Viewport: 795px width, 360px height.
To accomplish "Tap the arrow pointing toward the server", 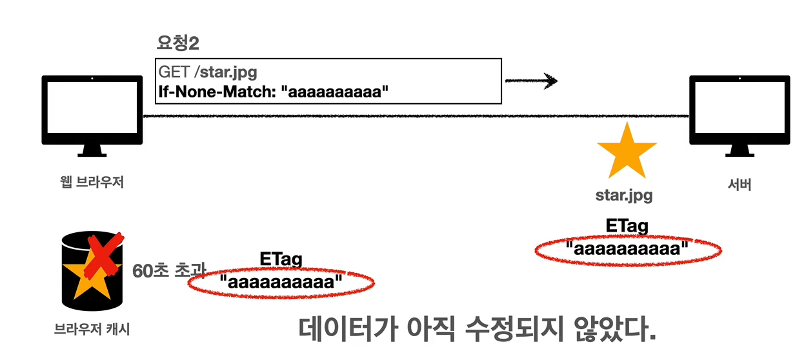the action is click(530, 81).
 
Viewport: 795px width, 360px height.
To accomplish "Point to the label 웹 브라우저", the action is click(91, 183).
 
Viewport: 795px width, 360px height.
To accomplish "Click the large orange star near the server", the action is click(627, 152).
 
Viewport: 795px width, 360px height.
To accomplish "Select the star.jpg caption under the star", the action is click(623, 195).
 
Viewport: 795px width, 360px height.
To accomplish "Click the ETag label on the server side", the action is click(627, 226).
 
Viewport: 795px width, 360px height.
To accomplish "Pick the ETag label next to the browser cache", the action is click(281, 259).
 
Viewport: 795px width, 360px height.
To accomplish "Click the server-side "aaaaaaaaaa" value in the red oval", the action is click(627, 247).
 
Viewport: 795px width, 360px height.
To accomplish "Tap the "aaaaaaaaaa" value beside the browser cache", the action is click(281, 282).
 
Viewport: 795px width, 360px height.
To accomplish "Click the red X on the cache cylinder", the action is click(103, 255).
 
